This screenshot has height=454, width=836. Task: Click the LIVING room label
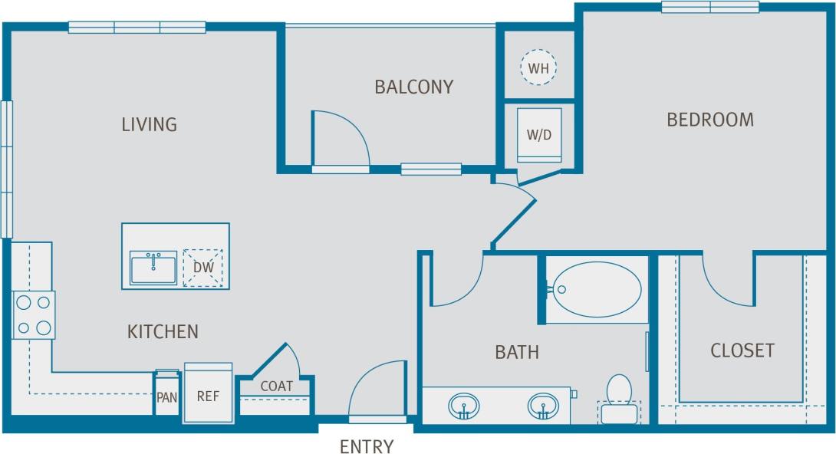(149, 124)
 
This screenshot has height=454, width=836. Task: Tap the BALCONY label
(413, 87)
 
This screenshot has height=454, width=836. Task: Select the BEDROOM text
(709, 120)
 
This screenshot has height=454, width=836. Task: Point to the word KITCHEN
(163, 332)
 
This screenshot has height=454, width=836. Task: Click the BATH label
(516, 353)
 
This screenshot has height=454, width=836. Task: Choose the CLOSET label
(742, 350)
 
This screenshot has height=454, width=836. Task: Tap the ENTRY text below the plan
(367, 446)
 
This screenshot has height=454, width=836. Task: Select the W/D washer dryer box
(539, 135)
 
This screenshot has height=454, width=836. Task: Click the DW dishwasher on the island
(202, 268)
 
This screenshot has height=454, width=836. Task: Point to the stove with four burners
(34, 315)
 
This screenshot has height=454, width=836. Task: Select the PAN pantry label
(167, 397)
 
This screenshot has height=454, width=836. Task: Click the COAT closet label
(276, 387)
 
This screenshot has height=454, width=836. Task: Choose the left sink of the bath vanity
(464, 405)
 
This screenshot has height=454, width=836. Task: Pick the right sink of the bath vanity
(543, 405)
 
